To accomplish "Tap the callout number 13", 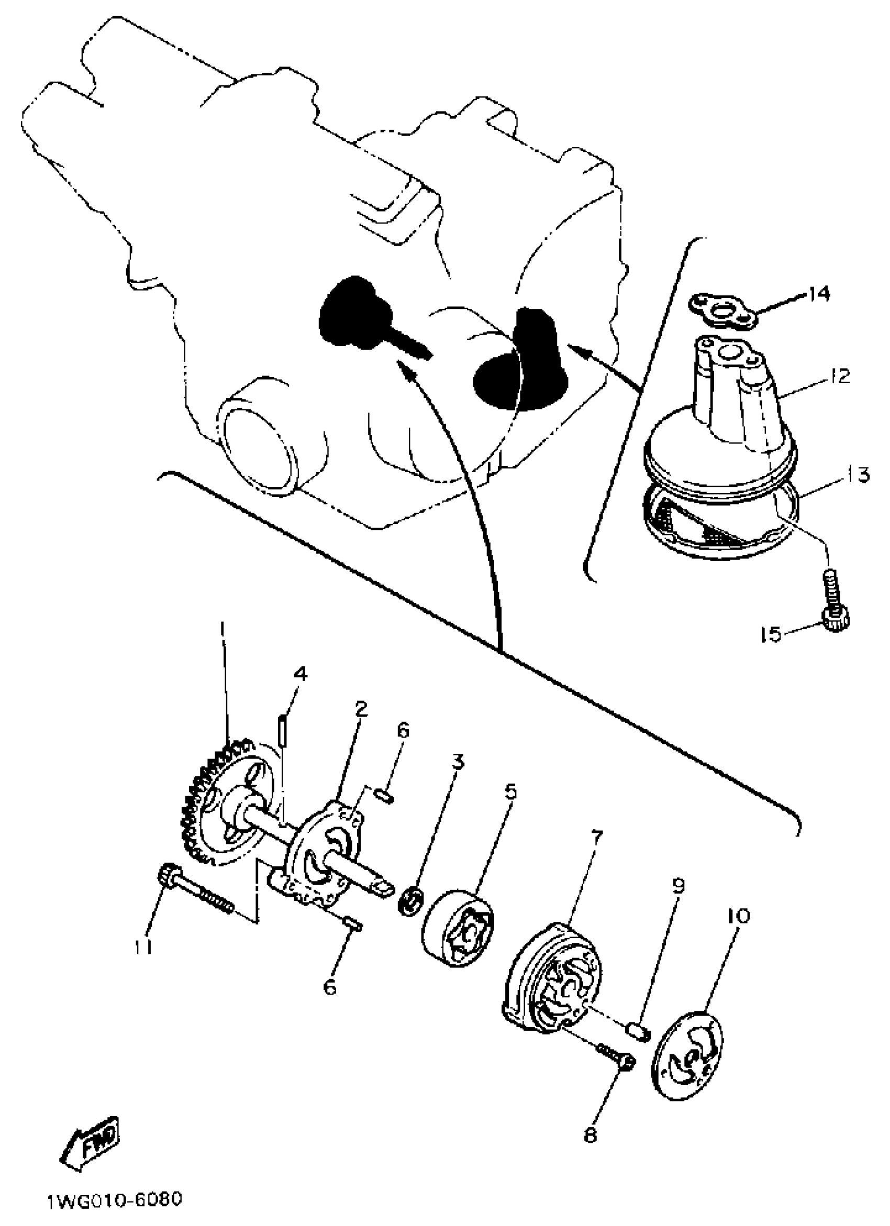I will pyautogui.click(x=855, y=475).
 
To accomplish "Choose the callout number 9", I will pyautogui.click(x=677, y=885).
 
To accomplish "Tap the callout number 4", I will pyautogui.click(x=300, y=674).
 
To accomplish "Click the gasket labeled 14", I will pyautogui.click(x=724, y=311).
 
